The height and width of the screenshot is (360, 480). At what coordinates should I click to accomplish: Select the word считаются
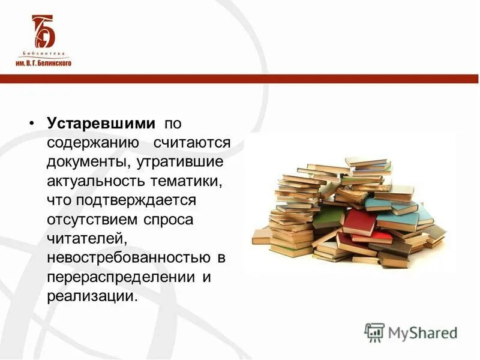pyautogui.click(x=191, y=143)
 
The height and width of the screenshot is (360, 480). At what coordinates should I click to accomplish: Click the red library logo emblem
pyautogui.click(x=43, y=31)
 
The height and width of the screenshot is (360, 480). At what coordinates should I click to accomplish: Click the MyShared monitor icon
pyautogui.click(x=374, y=332)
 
